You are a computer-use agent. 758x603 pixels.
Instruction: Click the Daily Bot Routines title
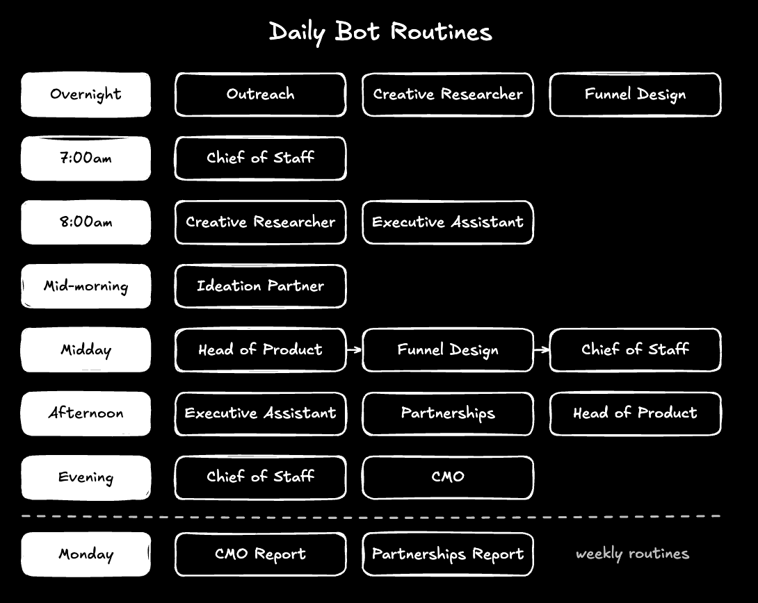pos(380,33)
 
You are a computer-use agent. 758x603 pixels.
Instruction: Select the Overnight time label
pos(86,94)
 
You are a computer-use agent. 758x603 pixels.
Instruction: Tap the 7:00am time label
pos(86,158)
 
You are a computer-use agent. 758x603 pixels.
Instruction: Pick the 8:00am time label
pos(86,222)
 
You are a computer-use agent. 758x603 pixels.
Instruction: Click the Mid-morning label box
pos(86,286)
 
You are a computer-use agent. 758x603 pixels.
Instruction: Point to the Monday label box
pos(86,554)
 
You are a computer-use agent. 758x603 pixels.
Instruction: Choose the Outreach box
pos(261,94)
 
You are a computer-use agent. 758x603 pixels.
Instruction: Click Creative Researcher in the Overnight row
pos(448,94)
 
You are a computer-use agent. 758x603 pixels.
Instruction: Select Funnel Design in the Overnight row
pos(635,94)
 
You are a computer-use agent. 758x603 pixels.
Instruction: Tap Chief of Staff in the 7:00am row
pos(261,158)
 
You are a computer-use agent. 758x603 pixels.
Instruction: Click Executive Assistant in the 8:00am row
pos(448,222)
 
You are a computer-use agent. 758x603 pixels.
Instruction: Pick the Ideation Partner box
pos(261,286)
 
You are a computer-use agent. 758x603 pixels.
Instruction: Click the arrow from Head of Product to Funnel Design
pos(355,349)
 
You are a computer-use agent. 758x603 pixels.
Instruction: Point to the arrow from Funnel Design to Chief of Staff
pos(542,349)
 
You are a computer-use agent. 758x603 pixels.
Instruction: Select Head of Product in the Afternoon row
pos(635,414)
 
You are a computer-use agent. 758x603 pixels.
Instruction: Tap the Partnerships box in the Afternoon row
pos(448,414)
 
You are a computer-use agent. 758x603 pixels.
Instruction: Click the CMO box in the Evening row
pos(448,477)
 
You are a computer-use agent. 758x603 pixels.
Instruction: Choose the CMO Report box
pos(261,554)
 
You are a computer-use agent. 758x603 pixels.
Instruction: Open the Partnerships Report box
pos(448,554)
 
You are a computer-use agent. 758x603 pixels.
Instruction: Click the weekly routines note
pos(632,554)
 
